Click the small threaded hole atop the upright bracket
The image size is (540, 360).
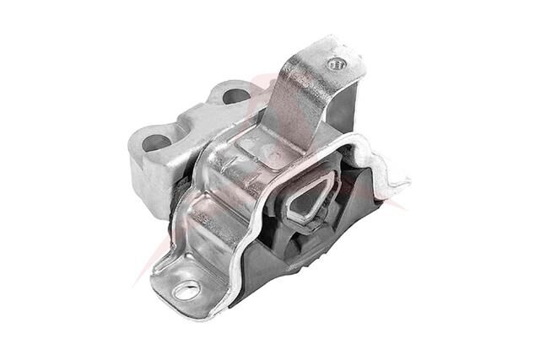pyautogui.click(x=338, y=63)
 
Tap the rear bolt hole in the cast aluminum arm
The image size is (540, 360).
pyautogui.click(x=235, y=95)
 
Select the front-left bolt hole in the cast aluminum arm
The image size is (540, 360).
pyautogui.click(x=155, y=142)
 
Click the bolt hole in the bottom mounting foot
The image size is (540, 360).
pyautogui.click(x=187, y=291)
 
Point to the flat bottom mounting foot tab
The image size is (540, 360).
pyautogui.click(x=181, y=282)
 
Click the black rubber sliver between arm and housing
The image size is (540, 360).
pyautogui.click(x=178, y=198)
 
